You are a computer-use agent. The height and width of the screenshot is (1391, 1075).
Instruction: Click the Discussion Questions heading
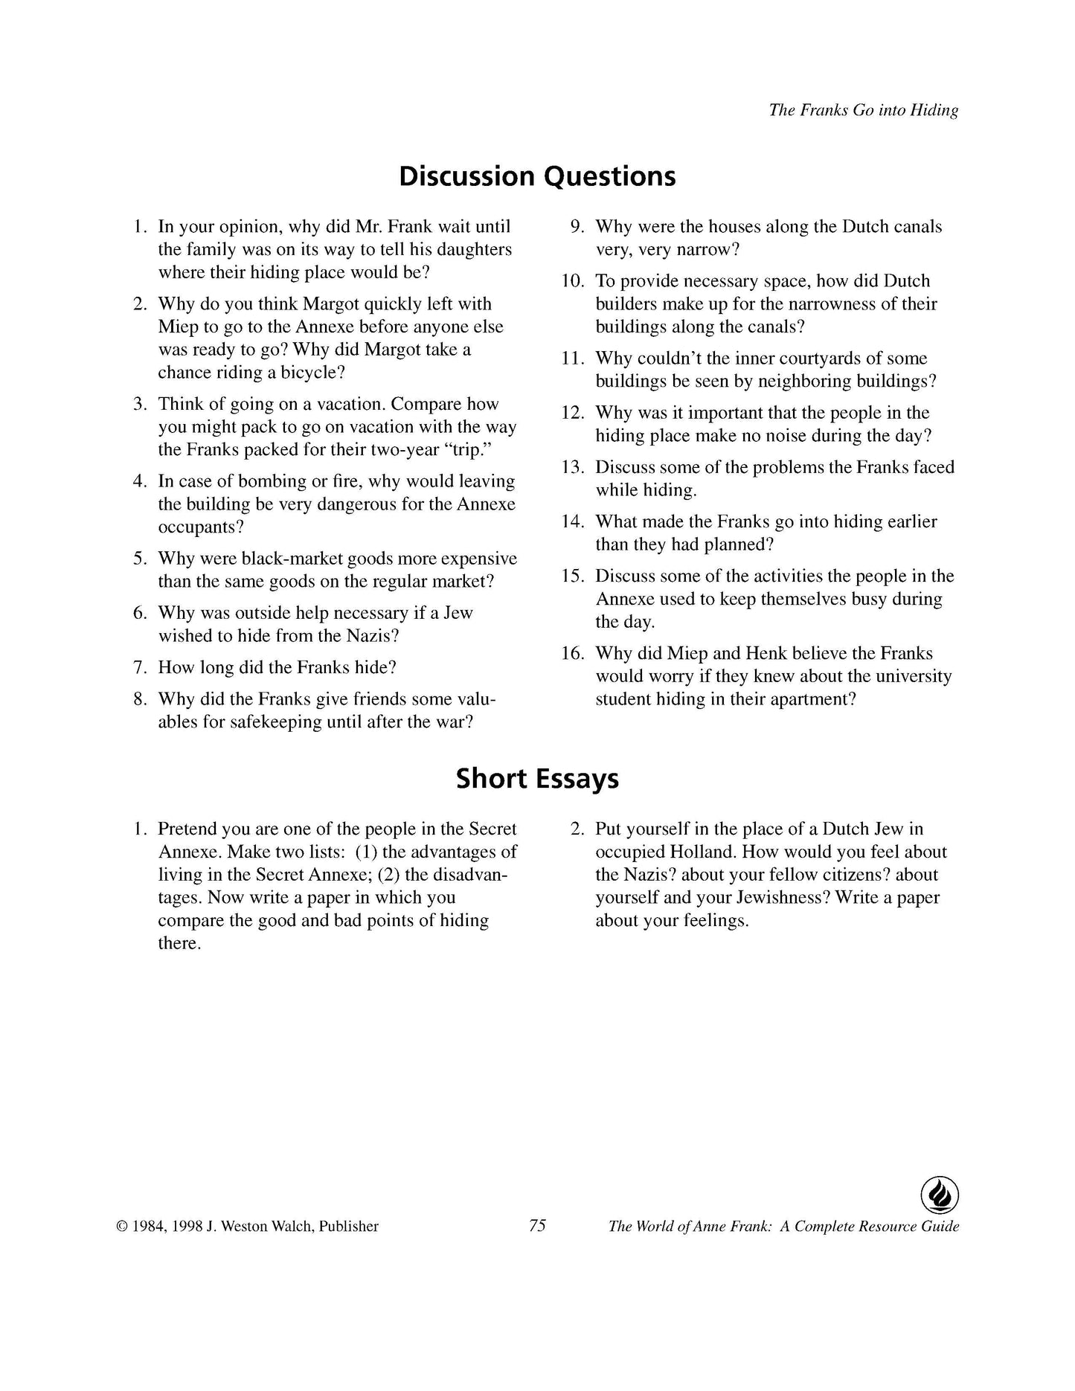point(537,176)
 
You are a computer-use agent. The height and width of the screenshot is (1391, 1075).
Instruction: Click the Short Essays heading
point(537,779)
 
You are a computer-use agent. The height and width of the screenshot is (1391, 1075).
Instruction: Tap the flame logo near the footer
point(940,1196)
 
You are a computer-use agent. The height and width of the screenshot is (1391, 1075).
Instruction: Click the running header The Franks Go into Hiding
point(863,110)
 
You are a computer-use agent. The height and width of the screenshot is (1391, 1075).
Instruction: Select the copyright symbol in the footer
point(121,1227)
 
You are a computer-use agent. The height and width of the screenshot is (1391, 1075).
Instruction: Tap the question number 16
point(572,653)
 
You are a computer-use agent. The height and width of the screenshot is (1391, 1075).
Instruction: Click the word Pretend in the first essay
point(187,829)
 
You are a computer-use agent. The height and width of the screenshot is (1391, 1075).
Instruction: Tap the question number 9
point(577,227)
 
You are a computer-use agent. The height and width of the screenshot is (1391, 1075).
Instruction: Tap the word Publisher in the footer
point(349,1227)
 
